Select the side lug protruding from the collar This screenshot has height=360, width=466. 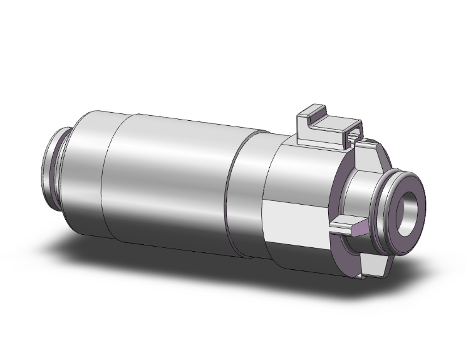[343, 225]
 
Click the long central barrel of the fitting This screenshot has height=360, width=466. [169, 182]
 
